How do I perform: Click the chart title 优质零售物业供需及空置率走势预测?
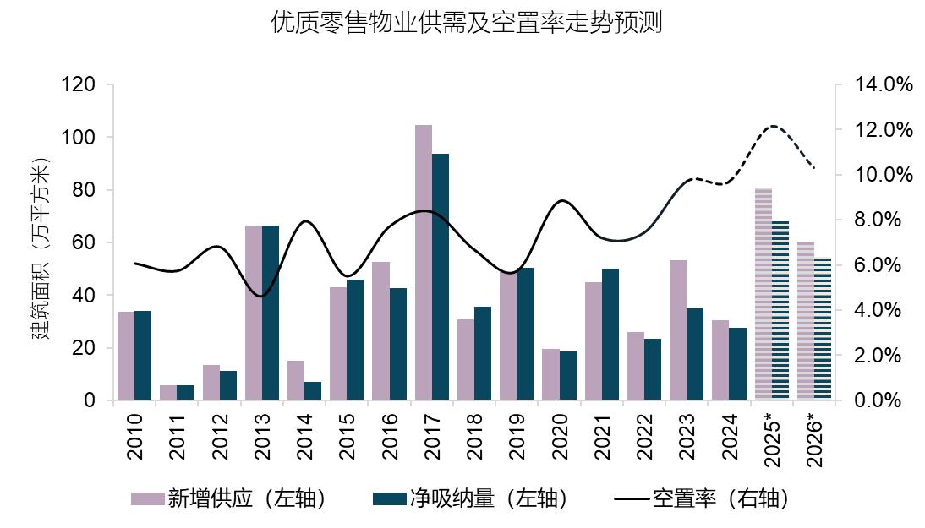point(466,23)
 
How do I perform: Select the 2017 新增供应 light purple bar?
point(424,262)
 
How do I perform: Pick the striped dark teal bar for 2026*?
point(823,329)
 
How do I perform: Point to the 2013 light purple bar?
point(254,313)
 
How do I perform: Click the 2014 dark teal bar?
point(313,390)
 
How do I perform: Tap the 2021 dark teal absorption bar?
point(610,334)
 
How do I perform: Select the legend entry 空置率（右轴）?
point(702,498)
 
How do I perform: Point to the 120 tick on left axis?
point(77,84)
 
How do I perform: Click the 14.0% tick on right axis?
point(884,84)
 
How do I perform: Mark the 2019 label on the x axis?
point(517,436)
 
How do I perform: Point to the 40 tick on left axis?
point(83,295)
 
